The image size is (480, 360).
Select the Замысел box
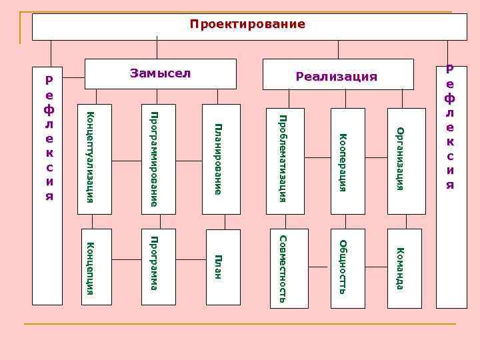click(160, 73)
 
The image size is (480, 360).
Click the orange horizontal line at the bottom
click(240, 325)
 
